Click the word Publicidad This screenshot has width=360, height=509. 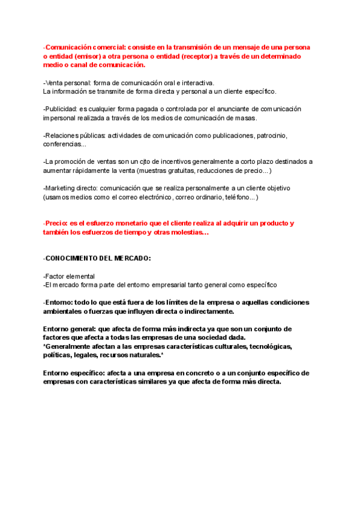62,109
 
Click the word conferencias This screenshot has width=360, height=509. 63,144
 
